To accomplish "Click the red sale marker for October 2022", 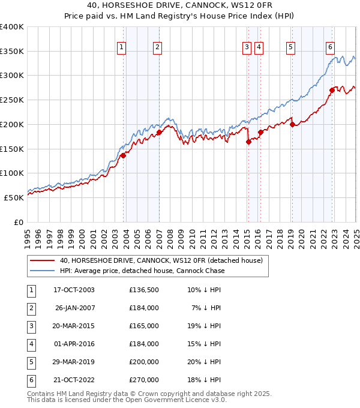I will [x=332, y=91].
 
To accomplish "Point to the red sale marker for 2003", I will [x=123, y=155].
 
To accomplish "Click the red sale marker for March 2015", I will [x=248, y=142].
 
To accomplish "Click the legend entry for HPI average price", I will [x=142, y=271].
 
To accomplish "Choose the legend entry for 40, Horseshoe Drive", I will [x=161, y=260].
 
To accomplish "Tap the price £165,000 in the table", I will [x=144, y=326].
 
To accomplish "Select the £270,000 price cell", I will [x=144, y=380].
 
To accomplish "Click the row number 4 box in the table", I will [x=31, y=344].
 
